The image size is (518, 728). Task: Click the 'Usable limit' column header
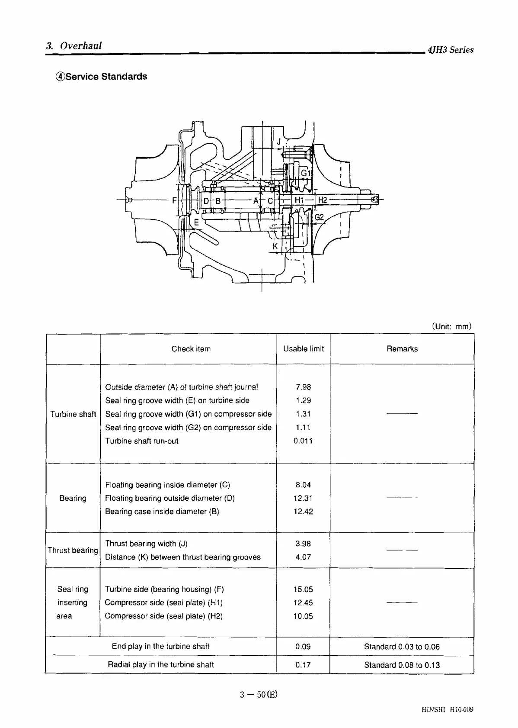[303, 349]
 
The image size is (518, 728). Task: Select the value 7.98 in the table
[303, 387]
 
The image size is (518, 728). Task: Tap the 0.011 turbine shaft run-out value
[303, 441]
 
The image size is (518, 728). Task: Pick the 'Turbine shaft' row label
[73, 414]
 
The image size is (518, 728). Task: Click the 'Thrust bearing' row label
[73, 550]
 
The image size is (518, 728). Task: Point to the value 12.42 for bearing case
[303, 512]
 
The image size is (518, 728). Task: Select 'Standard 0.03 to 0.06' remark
[402, 647]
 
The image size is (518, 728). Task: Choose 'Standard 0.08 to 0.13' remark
[402, 665]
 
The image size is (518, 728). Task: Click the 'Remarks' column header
[402, 349]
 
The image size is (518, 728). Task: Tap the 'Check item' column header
[191, 349]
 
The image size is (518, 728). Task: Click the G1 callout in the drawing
[306, 173]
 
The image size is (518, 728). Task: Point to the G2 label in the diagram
[319, 217]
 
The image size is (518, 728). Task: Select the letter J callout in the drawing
[279, 142]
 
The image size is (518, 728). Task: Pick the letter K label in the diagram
[275, 247]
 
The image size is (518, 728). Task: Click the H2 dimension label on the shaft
[323, 200]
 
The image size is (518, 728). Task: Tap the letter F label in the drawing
[174, 200]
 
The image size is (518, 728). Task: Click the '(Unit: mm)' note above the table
[451, 326]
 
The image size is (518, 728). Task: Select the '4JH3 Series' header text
[450, 50]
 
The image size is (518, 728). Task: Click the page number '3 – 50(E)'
[259, 695]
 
